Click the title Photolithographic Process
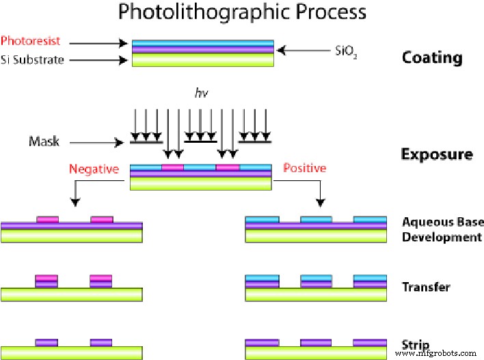(242, 12)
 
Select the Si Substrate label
(33, 59)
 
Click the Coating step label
(431, 57)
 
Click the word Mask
(44, 142)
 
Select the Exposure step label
(436, 154)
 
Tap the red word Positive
(305, 168)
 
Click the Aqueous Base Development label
(443, 230)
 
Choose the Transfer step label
(426, 287)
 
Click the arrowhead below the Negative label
(75, 202)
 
